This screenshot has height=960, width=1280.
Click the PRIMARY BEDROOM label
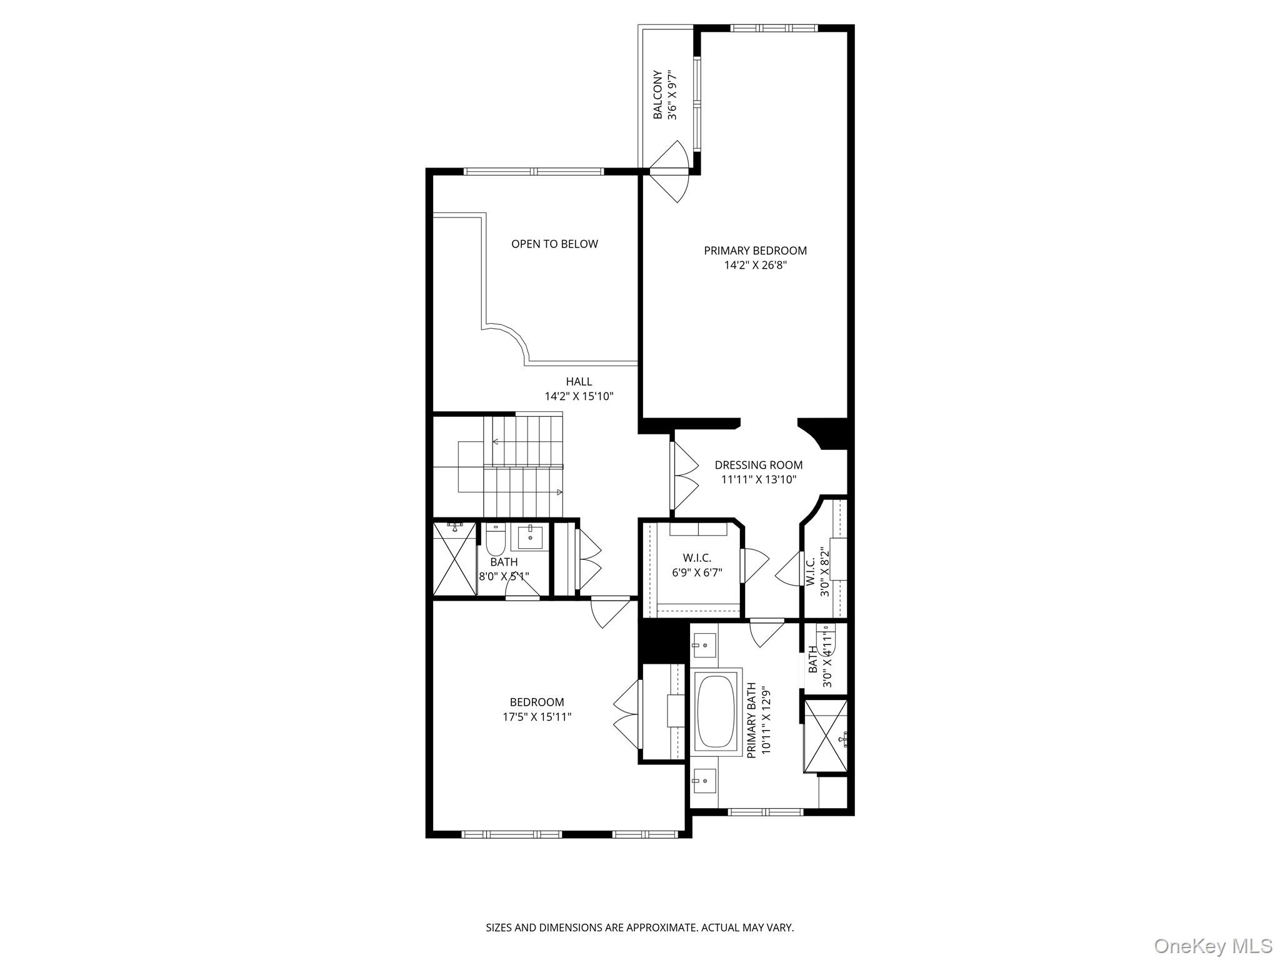[x=755, y=251]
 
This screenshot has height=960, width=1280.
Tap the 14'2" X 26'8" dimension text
[x=755, y=265]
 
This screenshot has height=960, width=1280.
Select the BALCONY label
[x=657, y=95]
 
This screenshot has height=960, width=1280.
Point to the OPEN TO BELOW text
[x=554, y=244]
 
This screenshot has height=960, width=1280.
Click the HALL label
[x=579, y=381]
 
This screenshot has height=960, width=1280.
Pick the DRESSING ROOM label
[x=758, y=465]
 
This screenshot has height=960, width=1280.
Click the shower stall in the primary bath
[x=826, y=736]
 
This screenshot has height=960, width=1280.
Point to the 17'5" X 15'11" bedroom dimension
[x=537, y=717]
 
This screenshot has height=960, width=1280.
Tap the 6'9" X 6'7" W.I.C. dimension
[x=697, y=571]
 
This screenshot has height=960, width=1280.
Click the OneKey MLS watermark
[x=1213, y=946]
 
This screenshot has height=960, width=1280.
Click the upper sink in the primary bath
[x=704, y=644]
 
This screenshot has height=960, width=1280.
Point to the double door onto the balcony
[x=669, y=171]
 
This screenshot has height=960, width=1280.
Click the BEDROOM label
[x=537, y=702]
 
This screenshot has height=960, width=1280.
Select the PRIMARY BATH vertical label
[x=752, y=721]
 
